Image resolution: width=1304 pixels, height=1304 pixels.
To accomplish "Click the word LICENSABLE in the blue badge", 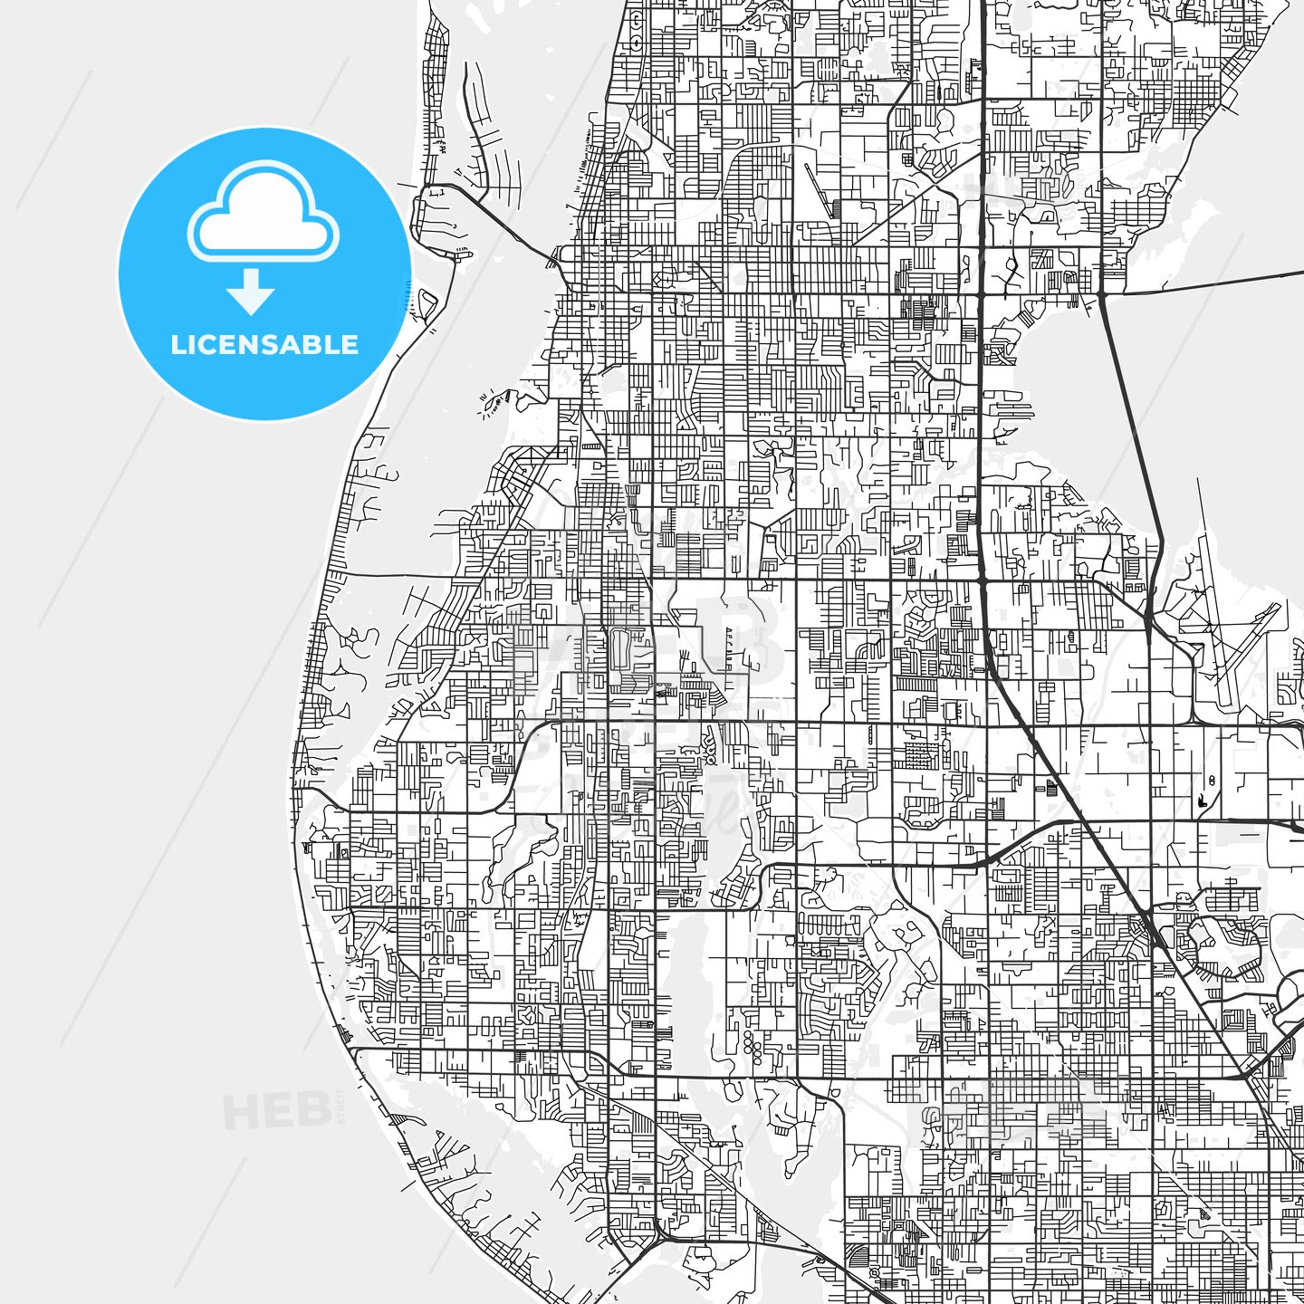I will pyautogui.click(x=264, y=345).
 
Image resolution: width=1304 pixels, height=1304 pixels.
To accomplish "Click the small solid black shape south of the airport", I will pyautogui.click(x=1202, y=801).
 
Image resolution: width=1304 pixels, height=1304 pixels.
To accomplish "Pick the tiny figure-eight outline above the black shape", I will pyautogui.click(x=1212, y=780).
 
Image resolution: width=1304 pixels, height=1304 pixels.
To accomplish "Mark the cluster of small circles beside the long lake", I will pyautogui.click(x=750, y=1046).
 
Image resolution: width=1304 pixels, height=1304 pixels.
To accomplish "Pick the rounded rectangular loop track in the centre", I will pyautogui.click(x=620, y=649).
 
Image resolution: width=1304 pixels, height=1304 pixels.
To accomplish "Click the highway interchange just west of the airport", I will pyautogui.click(x=1148, y=621).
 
